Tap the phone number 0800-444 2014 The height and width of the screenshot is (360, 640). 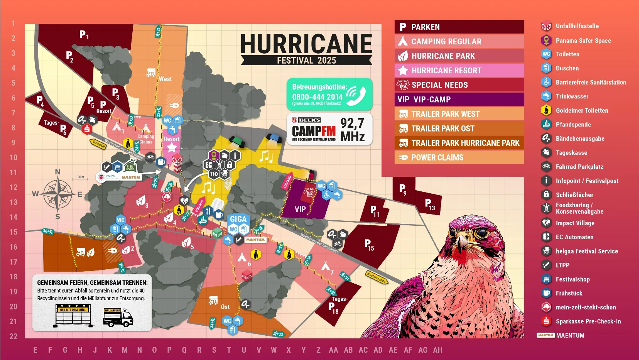click(317, 97)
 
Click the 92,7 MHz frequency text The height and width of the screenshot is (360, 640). click(352, 130)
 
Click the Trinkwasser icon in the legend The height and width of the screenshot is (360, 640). click(546, 96)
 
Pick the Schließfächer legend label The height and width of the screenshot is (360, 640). click(574, 195)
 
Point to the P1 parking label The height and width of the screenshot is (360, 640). click(84, 35)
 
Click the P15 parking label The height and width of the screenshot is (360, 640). click(369, 245)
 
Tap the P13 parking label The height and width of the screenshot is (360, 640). click(429, 205)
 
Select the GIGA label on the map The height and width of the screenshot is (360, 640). click(238, 219)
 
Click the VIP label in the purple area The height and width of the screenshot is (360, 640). click(300, 209)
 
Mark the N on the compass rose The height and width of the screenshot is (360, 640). click(57, 172)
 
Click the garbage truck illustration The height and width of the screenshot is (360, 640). click(118, 318)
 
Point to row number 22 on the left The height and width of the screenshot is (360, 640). click(14, 336)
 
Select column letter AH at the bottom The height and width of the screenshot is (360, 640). click(437, 350)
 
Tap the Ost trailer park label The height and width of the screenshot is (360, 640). click(225, 307)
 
